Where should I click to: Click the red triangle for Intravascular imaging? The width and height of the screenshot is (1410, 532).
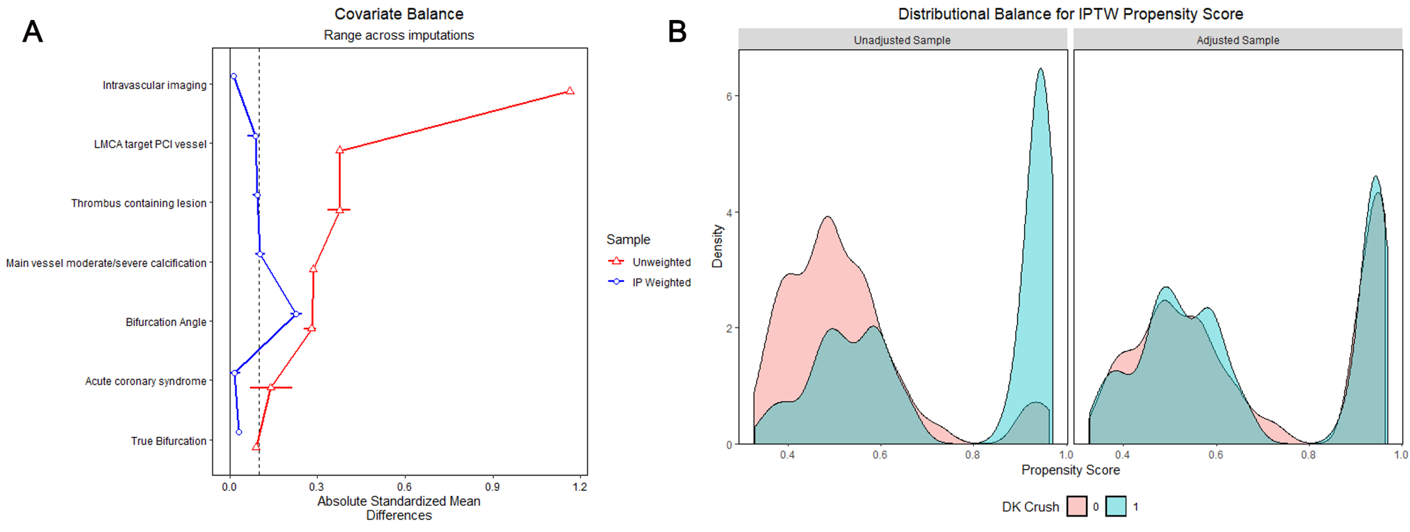click(569, 91)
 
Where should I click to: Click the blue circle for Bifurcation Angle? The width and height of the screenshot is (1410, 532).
click(296, 313)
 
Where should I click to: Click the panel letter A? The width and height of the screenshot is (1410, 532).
click(33, 32)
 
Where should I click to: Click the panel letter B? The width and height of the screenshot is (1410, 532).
click(677, 32)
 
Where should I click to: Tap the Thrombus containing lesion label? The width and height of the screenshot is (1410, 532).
click(139, 203)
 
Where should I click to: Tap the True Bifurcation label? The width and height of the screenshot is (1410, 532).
click(168, 441)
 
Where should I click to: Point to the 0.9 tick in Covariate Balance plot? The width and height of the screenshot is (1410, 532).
click(492, 486)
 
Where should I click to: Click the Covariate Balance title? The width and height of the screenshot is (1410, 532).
click(398, 14)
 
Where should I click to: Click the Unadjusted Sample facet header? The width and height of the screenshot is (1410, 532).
click(902, 40)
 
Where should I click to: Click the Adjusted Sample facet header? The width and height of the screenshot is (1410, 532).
click(1237, 40)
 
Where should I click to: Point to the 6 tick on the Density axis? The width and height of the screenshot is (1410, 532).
click(729, 96)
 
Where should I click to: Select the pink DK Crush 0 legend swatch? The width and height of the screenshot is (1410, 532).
click(1076, 506)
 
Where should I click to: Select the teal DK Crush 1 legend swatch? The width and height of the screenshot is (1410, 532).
click(1116, 506)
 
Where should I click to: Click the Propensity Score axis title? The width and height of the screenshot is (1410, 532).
click(1070, 470)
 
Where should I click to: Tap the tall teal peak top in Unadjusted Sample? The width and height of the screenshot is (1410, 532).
click(1040, 69)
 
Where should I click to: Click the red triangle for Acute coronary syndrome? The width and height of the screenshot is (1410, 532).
click(271, 388)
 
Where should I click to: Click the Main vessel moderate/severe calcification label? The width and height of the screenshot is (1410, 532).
click(106, 263)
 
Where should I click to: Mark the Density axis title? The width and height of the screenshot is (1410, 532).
click(717, 246)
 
